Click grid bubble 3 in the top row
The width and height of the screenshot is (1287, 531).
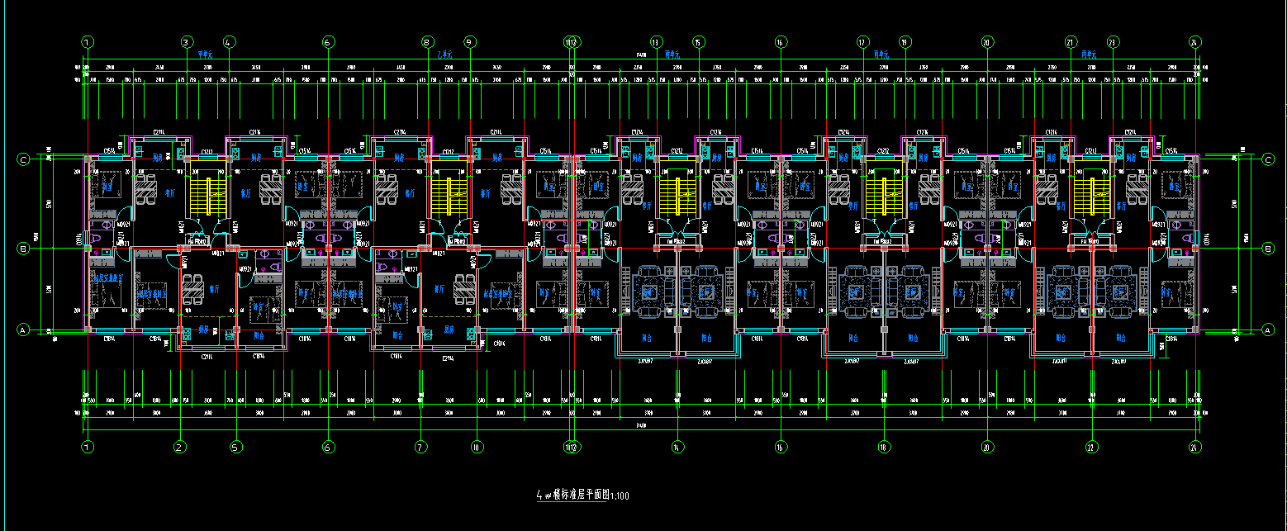(x=187, y=41)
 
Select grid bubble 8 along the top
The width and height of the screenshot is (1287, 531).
(x=427, y=41)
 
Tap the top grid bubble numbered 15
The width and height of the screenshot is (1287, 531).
(x=699, y=41)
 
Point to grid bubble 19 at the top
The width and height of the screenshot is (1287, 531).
(x=905, y=41)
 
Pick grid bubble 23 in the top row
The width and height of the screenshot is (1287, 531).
(x=1112, y=41)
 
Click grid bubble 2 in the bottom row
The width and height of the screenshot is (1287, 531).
(x=178, y=447)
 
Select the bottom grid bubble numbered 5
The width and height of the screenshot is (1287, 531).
(x=235, y=447)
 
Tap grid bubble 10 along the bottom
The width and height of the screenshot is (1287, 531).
(x=476, y=447)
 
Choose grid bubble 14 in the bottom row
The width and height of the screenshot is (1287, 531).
(x=677, y=447)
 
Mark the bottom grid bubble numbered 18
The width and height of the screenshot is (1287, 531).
(x=884, y=447)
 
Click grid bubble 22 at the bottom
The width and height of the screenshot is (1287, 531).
(x=1091, y=447)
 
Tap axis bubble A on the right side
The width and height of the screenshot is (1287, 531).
(x=1268, y=330)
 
